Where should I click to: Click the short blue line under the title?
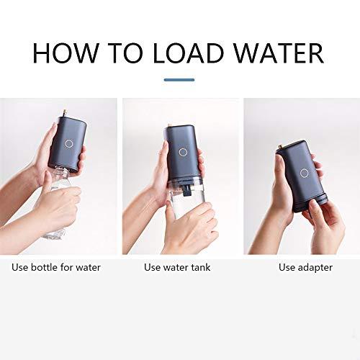pos(179,79)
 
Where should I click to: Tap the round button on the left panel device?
pos(68,143)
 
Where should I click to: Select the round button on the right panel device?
pos(305,173)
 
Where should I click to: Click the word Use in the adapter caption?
pos(287,267)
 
